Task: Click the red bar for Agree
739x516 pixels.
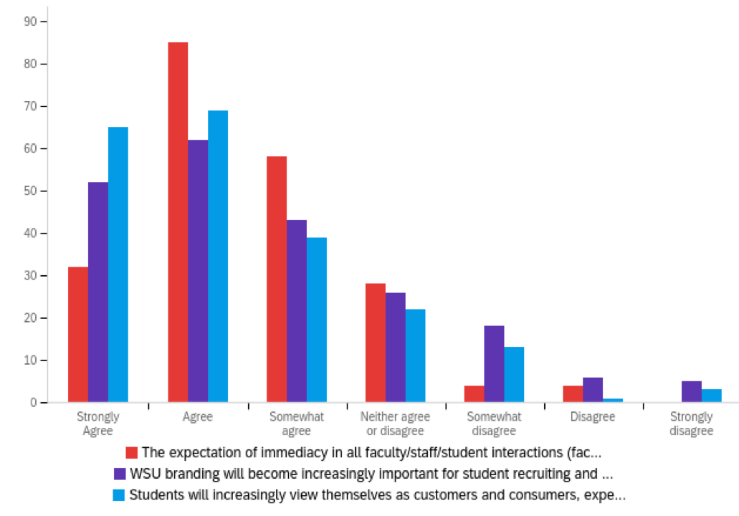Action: [178, 222]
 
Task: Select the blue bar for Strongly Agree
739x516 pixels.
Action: [118, 264]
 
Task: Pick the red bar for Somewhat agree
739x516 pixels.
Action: [277, 279]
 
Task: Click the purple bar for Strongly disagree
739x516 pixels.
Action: [692, 392]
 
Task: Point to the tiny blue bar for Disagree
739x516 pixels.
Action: [613, 400]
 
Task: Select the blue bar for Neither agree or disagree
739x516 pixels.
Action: [415, 355]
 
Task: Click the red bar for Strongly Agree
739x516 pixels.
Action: [78, 334]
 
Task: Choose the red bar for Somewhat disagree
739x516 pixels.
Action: [474, 394]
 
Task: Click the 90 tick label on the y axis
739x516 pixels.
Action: [30, 21]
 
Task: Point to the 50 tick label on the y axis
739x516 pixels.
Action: [30, 191]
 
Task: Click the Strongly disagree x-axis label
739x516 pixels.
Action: [691, 424]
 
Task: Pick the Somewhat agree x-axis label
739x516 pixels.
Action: [296, 424]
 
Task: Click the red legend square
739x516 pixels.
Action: [131, 453]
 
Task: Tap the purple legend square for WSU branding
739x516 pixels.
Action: [120, 474]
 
